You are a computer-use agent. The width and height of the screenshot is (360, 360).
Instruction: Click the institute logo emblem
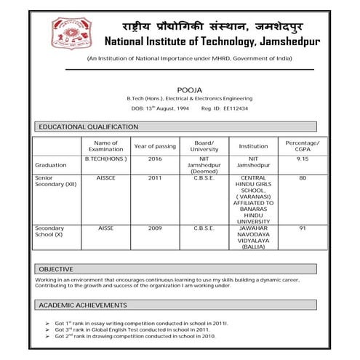72,33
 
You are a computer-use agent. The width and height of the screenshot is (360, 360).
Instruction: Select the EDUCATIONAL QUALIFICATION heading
88,127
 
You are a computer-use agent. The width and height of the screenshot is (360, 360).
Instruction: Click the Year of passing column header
156,146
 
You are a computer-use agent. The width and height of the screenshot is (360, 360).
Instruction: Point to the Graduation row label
51,165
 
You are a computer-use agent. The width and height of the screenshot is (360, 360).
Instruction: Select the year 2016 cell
156,159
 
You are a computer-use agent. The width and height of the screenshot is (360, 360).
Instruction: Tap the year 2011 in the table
156,177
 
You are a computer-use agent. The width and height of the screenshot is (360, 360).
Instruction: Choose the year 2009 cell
156,228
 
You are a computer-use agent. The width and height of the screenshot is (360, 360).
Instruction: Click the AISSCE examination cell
106,177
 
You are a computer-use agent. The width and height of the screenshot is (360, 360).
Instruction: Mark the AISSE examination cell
106,228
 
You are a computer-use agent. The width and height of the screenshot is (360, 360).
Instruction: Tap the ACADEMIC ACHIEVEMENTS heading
83,305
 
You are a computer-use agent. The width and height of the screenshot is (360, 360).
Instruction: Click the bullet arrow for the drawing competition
47,337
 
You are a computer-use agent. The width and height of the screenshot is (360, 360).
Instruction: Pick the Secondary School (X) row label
55,231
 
